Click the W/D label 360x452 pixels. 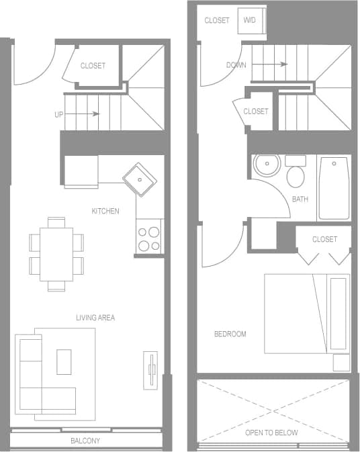(250, 20)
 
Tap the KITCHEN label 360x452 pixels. (105, 211)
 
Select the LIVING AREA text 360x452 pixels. (95, 317)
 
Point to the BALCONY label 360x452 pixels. (85, 441)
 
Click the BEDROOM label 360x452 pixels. (230, 334)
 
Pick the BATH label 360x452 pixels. (300, 199)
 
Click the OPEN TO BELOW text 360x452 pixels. (271, 433)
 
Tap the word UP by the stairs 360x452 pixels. (59, 114)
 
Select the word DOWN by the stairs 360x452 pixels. (236, 65)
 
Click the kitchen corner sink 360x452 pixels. (140, 179)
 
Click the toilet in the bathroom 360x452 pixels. (295, 174)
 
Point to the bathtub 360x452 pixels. (334, 188)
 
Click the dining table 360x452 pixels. (56, 254)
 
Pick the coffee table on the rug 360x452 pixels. (64, 361)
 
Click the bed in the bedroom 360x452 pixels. (306, 314)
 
